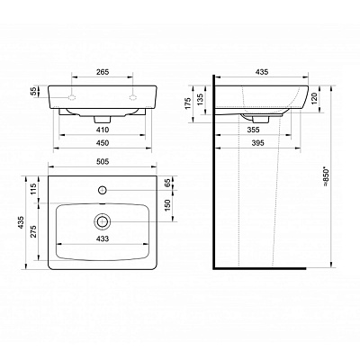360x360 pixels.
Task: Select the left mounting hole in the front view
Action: pyautogui.click(x=71, y=94)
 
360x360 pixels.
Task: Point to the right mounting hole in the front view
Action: pyautogui.click(x=134, y=94)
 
